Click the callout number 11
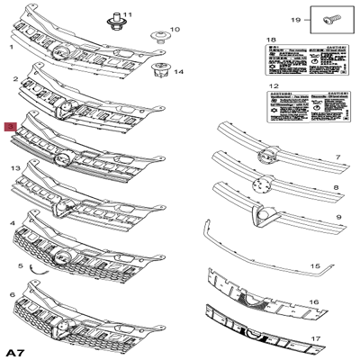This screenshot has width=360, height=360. tap(127, 15)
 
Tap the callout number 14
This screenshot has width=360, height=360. tap(178, 71)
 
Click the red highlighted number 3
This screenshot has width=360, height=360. tap(11, 129)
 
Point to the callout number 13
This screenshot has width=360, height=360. tap(13, 168)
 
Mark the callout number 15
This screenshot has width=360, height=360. tap(315, 267)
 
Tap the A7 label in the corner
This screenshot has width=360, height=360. tap(14, 349)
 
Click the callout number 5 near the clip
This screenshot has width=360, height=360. tap(19, 266)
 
